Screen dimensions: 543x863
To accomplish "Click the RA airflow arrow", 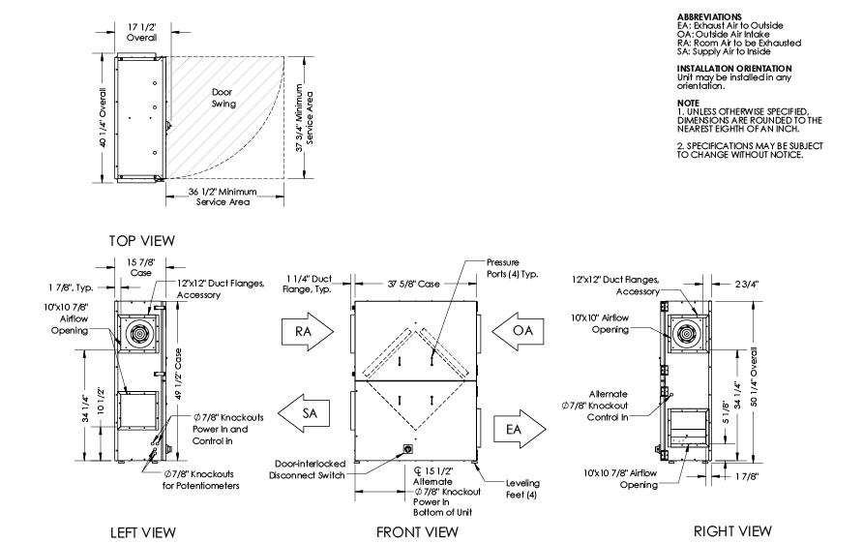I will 306,332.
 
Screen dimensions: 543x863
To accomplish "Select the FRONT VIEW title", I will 416,531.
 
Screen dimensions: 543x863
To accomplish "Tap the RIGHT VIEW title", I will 732,530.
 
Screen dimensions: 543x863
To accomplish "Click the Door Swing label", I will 224,97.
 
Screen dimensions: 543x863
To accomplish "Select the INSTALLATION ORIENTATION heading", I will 734,68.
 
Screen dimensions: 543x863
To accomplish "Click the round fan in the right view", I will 689,330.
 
